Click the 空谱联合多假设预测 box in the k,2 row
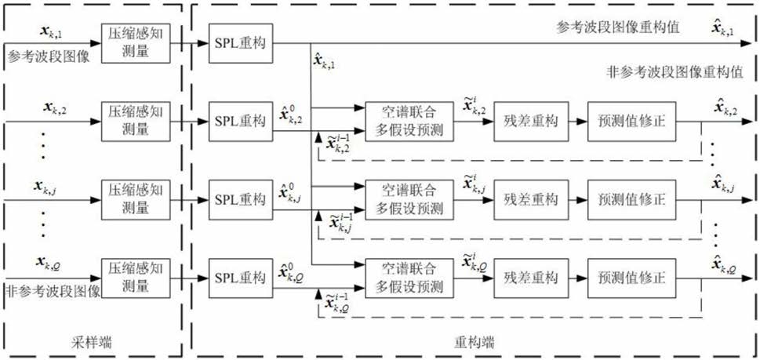point(404,121)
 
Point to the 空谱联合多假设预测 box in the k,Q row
point(404,277)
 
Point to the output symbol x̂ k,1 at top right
point(722,30)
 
